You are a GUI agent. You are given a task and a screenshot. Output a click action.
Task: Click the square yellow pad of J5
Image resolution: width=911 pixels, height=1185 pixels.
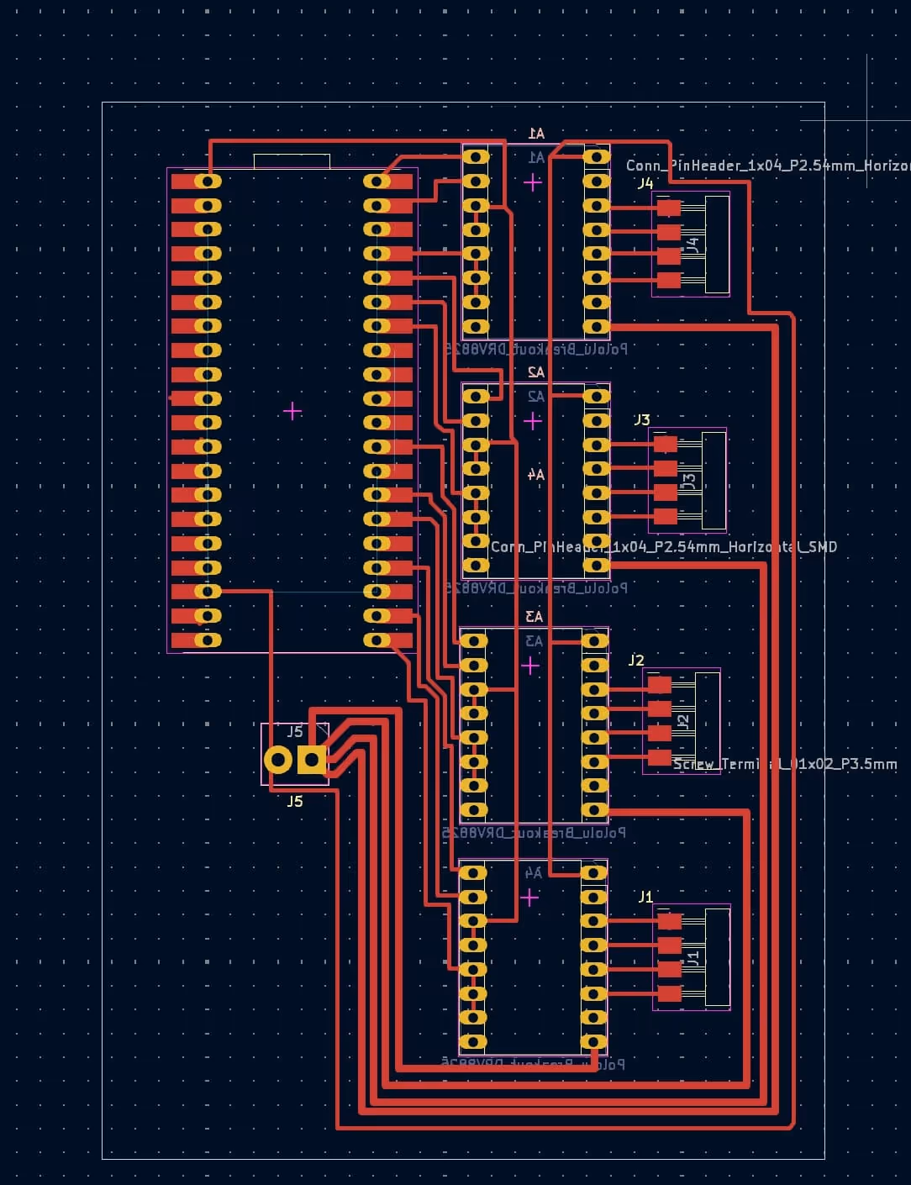click(x=312, y=760)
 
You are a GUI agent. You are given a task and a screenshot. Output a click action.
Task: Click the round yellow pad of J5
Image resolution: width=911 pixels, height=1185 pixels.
click(x=278, y=760)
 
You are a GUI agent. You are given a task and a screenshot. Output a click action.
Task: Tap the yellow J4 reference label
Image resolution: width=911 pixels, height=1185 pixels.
click(x=645, y=183)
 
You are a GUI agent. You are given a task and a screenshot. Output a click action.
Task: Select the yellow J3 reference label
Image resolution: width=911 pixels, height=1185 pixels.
click(x=641, y=419)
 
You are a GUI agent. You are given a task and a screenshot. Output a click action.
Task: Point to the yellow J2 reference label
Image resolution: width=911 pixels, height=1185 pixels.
click(x=636, y=661)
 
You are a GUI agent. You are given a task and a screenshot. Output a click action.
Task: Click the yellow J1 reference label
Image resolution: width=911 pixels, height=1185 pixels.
click(x=645, y=897)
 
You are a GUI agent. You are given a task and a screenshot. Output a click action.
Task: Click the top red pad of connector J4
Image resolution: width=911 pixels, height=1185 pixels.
click(x=669, y=208)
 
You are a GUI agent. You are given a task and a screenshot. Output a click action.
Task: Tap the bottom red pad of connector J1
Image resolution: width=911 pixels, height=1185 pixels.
click(x=669, y=993)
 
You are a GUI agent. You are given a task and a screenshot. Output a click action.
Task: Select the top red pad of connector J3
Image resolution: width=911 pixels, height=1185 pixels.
click(x=665, y=444)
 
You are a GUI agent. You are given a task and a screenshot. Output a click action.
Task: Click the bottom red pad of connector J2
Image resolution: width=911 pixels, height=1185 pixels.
click(x=660, y=757)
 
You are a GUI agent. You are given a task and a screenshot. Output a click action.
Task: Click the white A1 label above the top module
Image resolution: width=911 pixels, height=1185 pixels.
click(x=536, y=134)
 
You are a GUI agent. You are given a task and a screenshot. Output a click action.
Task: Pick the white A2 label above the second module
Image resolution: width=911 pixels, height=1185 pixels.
click(x=535, y=372)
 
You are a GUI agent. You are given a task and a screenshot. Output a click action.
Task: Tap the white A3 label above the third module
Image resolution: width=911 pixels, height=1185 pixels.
click(x=534, y=617)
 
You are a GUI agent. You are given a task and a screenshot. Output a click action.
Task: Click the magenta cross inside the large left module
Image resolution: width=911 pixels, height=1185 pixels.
click(x=292, y=411)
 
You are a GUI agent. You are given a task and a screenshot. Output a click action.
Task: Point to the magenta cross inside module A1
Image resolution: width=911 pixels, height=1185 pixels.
click(x=533, y=182)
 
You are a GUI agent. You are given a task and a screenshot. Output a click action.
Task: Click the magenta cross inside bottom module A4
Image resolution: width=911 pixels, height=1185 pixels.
click(x=529, y=898)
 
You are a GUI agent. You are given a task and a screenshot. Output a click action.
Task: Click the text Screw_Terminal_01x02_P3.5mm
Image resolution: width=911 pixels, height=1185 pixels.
click(x=785, y=765)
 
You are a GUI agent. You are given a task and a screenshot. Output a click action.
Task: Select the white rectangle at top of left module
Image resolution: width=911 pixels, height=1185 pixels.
click(x=292, y=161)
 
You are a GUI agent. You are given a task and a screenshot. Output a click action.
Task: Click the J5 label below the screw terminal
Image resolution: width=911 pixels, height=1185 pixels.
click(x=295, y=802)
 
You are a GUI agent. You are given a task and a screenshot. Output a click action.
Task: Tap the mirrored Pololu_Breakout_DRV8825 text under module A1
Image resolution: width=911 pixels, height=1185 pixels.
click(x=536, y=348)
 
